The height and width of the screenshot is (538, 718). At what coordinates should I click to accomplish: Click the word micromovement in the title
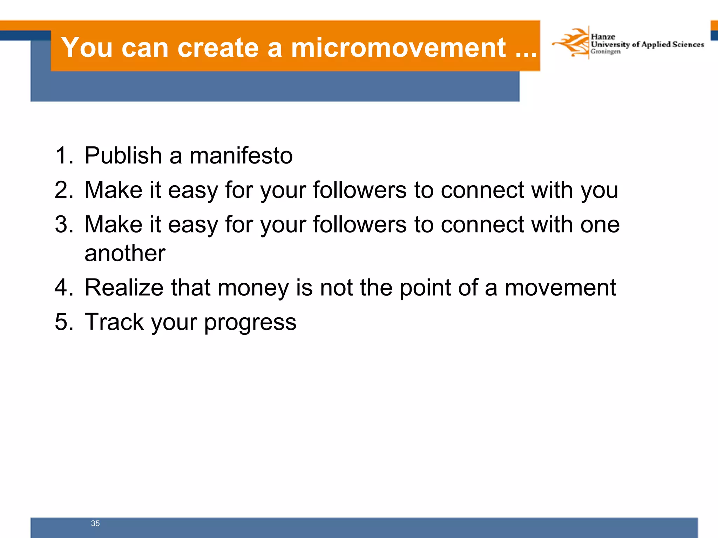point(398,48)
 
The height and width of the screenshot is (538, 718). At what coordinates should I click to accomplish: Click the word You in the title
point(87,48)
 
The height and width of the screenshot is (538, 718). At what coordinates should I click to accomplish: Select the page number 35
point(95,523)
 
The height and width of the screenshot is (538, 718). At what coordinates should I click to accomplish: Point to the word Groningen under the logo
point(605,52)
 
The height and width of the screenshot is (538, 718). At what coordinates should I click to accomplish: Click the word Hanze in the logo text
point(603,36)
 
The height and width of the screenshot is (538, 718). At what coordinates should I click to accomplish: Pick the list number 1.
point(64,156)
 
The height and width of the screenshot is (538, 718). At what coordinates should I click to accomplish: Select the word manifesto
point(241,156)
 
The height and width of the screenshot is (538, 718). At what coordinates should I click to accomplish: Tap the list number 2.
point(64,190)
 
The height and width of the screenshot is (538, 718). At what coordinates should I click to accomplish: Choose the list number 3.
point(64,224)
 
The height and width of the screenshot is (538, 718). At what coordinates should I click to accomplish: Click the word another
point(125,253)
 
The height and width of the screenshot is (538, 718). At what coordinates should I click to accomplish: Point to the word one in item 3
point(600,225)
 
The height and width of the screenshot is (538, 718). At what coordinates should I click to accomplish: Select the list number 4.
point(64,288)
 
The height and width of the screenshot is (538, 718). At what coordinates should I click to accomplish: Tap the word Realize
point(124,288)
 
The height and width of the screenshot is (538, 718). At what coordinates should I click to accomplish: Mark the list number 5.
point(64,322)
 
